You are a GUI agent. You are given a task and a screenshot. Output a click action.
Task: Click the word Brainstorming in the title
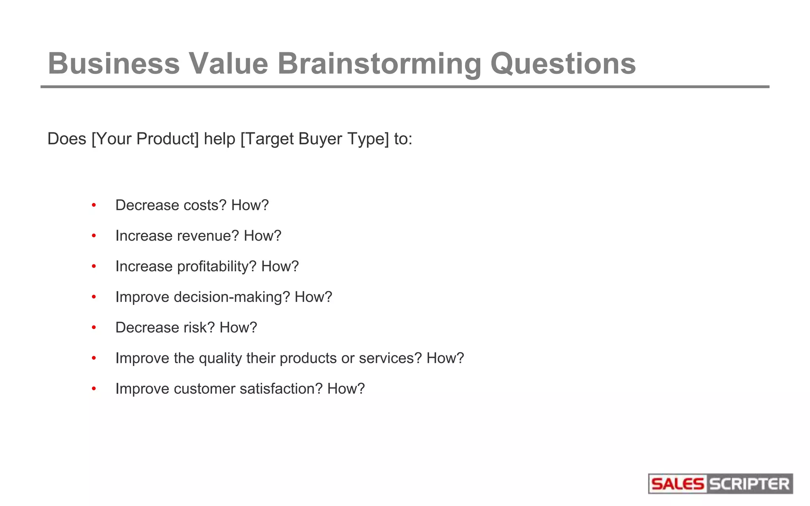tap(379, 64)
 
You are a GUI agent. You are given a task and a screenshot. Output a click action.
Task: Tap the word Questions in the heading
tap(563, 64)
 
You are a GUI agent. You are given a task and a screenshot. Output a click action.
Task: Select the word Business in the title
tap(114, 64)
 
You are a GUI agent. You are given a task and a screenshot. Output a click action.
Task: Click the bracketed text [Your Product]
tap(145, 139)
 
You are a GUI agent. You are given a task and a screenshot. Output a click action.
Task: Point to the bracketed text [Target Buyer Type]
tap(315, 139)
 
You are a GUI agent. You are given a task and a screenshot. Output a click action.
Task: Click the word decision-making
tap(232, 297)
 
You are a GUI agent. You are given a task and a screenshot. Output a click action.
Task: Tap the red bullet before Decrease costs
tap(94, 205)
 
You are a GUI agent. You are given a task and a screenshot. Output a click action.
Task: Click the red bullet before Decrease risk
tap(94, 328)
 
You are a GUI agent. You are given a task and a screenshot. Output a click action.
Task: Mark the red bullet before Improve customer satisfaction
tap(94, 389)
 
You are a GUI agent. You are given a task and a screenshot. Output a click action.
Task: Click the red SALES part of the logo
tap(677, 484)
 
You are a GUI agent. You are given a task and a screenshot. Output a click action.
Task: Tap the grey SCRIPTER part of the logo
tap(749, 484)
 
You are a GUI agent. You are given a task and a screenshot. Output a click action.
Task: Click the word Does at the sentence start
tap(66, 139)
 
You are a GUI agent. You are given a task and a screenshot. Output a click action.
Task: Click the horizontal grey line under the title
tap(405, 87)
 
